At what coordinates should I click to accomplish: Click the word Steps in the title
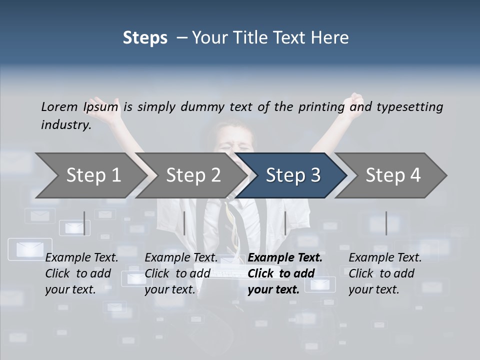click(145, 38)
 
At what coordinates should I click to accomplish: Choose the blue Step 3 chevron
click(293, 175)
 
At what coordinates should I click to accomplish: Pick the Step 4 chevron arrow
click(393, 175)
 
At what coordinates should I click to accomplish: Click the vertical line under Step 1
click(84, 223)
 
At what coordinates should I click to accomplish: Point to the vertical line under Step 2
click(184, 223)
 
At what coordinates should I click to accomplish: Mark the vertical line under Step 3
click(285, 223)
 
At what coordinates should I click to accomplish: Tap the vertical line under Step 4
click(386, 223)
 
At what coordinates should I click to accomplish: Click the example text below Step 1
click(81, 273)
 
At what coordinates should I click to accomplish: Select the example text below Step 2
click(181, 273)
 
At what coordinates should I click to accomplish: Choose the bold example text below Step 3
click(285, 273)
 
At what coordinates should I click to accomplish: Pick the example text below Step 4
click(385, 273)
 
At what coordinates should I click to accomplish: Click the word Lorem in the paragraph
click(59, 106)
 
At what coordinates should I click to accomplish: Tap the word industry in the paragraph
click(66, 124)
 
